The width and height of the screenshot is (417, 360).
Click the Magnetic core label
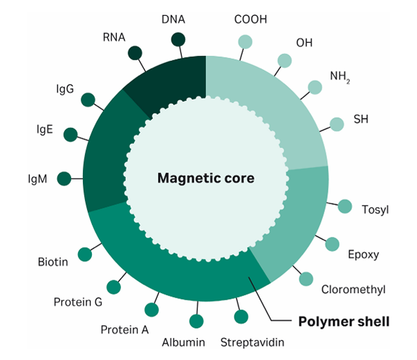coord(206,178)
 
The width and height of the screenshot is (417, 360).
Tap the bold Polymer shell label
coord(344,322)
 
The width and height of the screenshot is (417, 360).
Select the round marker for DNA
coord(178,39)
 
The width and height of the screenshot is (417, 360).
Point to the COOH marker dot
coord(245,42)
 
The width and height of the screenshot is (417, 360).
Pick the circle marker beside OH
coord(284,61)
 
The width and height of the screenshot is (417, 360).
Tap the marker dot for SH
coord(337,124)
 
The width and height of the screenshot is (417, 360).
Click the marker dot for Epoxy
coord(332,244)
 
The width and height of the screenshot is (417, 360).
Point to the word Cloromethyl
coord(353,289)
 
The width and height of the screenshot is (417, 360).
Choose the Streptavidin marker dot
coord(241,317)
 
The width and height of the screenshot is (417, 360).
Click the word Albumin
coord(183,342)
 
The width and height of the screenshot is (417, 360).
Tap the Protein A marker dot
coord(151,309)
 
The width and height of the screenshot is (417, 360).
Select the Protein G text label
coord(78,302)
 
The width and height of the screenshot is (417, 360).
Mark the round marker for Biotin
coord(86,254)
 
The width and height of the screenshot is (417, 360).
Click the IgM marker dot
coord(64,179)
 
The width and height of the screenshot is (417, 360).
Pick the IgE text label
coord(46,129)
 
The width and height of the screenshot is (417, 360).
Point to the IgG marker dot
coord(88,100)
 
